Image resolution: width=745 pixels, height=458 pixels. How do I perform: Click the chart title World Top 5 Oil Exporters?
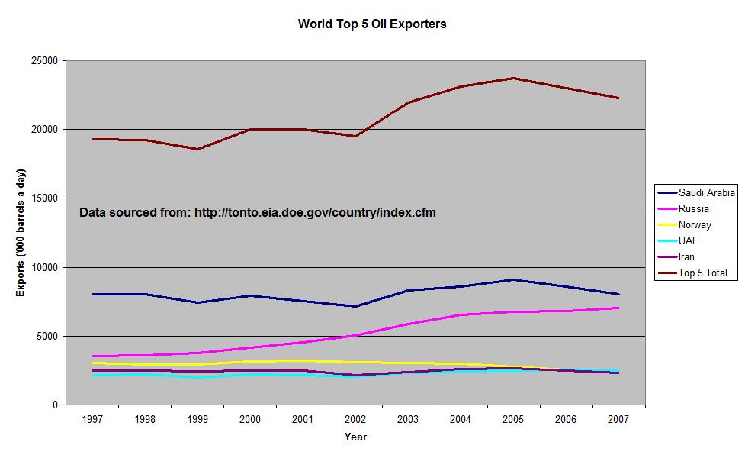[371, 24]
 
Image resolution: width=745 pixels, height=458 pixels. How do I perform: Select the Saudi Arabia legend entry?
[695, 193]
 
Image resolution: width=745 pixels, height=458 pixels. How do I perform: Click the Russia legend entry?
[693, 208]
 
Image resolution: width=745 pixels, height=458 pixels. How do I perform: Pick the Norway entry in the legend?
[695, 224]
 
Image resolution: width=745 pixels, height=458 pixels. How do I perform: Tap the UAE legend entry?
[689, 240]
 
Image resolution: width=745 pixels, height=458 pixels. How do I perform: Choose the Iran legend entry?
[686, 256]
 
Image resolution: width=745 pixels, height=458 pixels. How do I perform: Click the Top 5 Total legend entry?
[702, 273]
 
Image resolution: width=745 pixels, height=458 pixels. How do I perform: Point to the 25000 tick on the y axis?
[45, 61]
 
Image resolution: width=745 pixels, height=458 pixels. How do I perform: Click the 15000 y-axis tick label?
[45, 198]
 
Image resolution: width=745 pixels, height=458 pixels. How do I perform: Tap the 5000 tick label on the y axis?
[48, 336]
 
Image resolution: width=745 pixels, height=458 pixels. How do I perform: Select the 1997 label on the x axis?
[92, 420]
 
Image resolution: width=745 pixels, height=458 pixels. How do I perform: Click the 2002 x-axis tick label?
[355, 420]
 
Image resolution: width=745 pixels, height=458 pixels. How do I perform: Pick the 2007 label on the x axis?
[618, 420]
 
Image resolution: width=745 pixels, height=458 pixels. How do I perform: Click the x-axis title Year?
[355, 437]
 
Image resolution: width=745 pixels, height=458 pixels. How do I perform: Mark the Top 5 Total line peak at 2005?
[513, 78]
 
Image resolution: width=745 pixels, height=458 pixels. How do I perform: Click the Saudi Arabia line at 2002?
[355, 306]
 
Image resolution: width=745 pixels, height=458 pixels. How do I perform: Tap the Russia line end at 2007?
[618, 308]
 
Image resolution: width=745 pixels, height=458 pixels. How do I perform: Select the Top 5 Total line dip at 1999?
[197, 149]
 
